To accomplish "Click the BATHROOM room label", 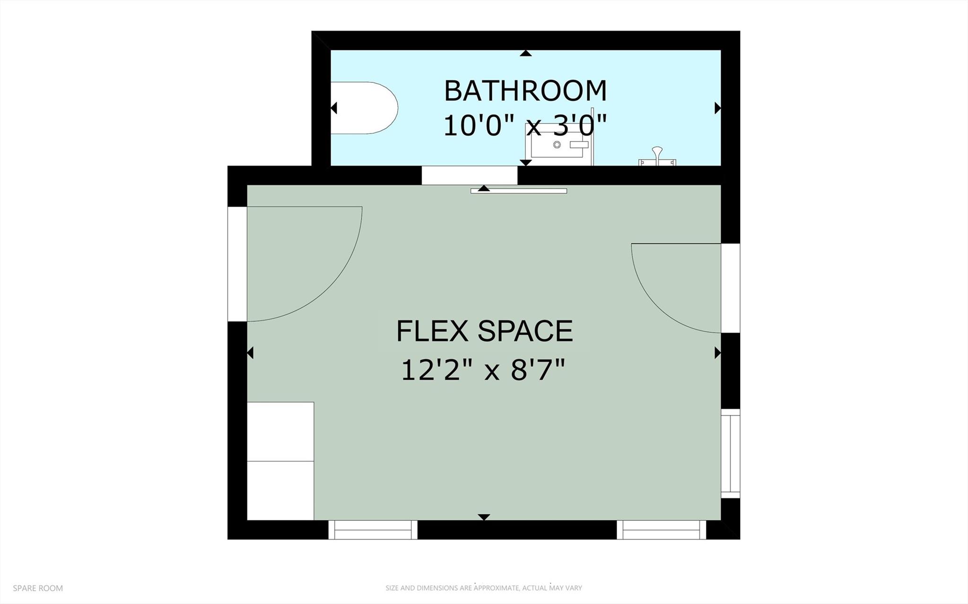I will point(525,91).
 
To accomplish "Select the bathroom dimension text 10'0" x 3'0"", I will point(525,126).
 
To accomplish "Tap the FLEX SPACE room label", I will point(484,331).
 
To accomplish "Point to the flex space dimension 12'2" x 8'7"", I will point(483,370).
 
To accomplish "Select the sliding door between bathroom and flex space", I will point(518,191).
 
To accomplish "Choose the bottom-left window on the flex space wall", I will point(373,530).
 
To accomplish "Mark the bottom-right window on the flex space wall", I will point(661,530).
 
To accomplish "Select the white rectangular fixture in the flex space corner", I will point(280,461).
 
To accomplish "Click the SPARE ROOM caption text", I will point(38,588).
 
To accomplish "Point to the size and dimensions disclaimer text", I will point(483,588).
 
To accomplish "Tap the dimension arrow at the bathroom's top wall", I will point(525,53).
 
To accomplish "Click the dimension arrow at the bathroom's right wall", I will point(717,108).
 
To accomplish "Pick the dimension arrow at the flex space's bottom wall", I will point(483,517).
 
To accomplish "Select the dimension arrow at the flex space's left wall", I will point(250,353).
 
